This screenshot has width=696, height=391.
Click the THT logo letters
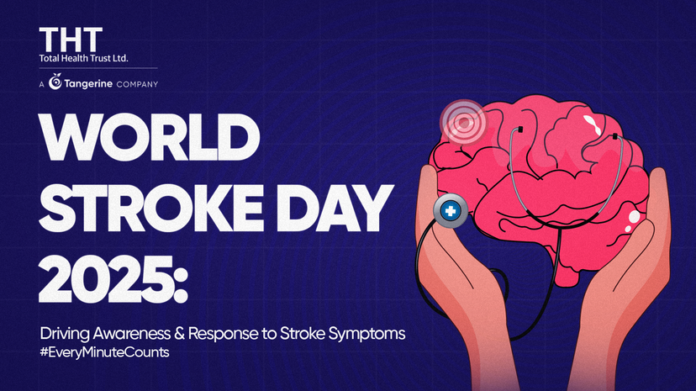coord(71,39)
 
